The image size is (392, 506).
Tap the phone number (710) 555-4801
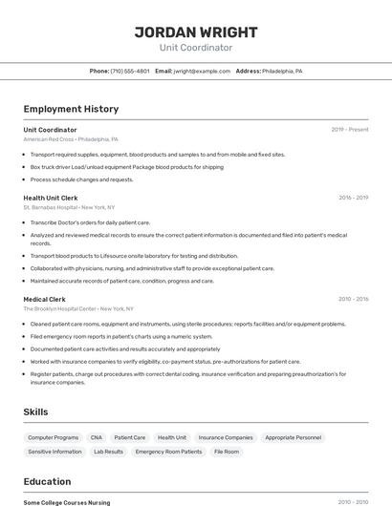pyautogui.click(x=129, y=71)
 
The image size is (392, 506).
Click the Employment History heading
pyautogui.click(x=71, y=109)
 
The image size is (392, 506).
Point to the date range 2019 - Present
pyautogui.click(x=349, y=130)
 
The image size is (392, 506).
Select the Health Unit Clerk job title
pyautogui.click(x=50, y=198)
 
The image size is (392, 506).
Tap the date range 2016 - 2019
pyautogui.click(x=353, y=198)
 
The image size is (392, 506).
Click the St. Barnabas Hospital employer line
pyautogui.click(x=69, y=207)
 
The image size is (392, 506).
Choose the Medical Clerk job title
pyautogui.click(x=44, y=299)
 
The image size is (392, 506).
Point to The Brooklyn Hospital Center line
pyautogui.click(x=78, y=309)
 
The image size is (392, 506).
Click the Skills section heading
pyautogui.click(x=36, y=411)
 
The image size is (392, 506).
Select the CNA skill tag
pyautogui.click(x=97, y=437)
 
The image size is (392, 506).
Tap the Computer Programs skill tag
pyautogui.click(x=54, y=437)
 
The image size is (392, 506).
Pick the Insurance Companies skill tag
pyautogui.click(x=226, y=437)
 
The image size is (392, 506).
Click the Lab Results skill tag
pyautogui.click(x=108, y=452)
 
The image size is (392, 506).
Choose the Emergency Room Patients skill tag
pyautogui.click(x=168, y=452)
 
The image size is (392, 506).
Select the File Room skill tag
pyautogui.click(x=227, y=452)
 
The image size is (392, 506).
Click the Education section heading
pyautogui.click(x=47, y=481)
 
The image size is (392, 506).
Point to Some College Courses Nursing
pyautogui.click(x=67, y=502)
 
